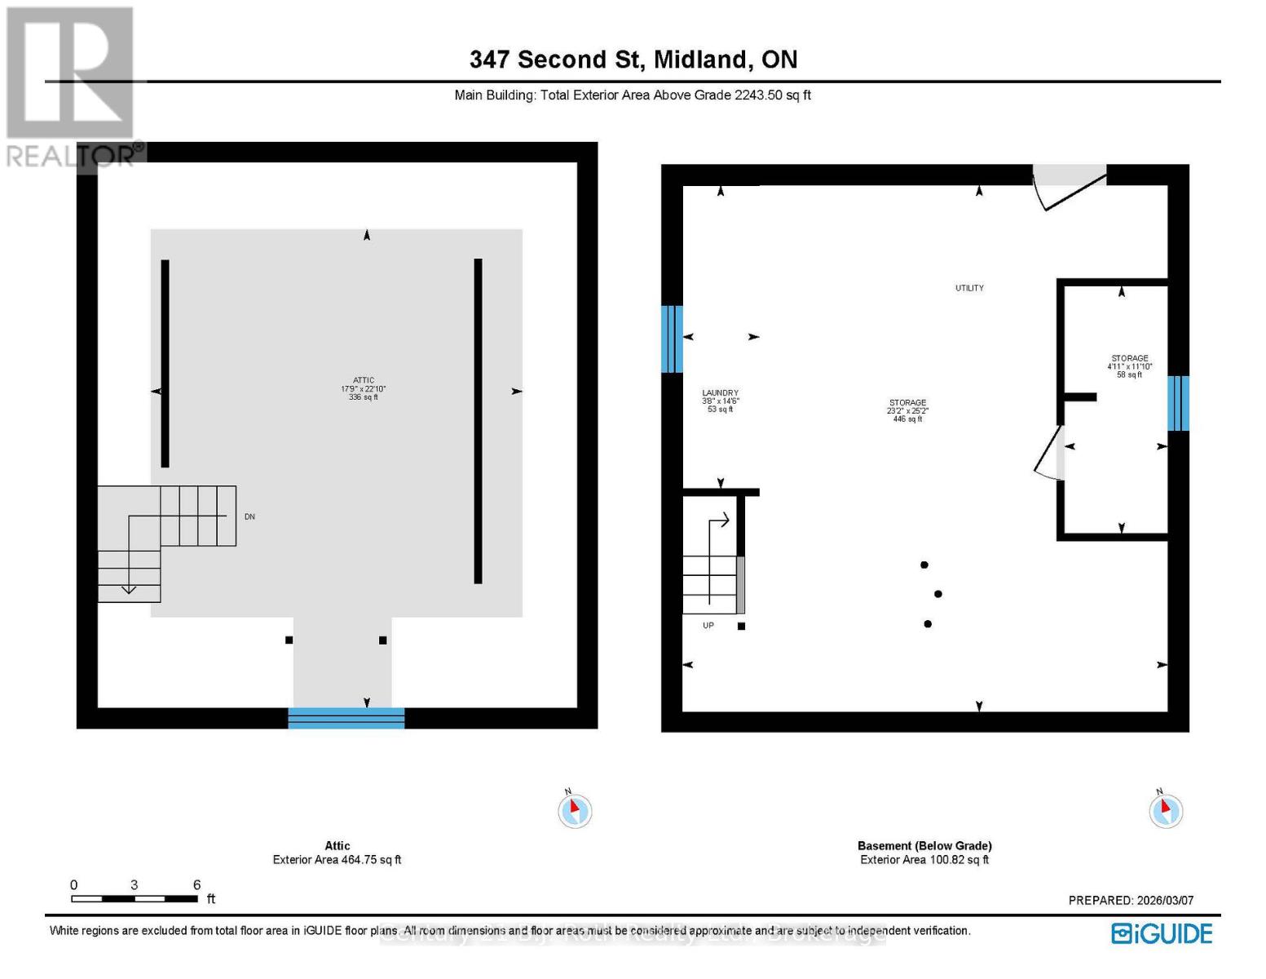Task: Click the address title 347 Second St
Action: tap(633, 60)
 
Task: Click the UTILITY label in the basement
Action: tap(969, 288)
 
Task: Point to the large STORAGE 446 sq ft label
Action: tap(907, 410)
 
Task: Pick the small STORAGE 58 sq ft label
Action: tap(1129, 366)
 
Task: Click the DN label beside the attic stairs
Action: tap(249, 516)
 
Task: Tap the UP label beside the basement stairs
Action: tap(708, 626)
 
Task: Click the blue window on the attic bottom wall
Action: tap(346, 718)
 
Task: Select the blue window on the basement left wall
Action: tap(672, 339)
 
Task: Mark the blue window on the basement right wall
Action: tap(1178, 403)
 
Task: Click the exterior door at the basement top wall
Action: tap(1070, 185)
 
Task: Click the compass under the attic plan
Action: tap(575, 810)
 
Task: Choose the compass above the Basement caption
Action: tap(1165, 810)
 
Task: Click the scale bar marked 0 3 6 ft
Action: tap(135, 898)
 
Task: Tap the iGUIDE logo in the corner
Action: tap(1162, 933)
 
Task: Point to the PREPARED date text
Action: tap(1131, 900)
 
